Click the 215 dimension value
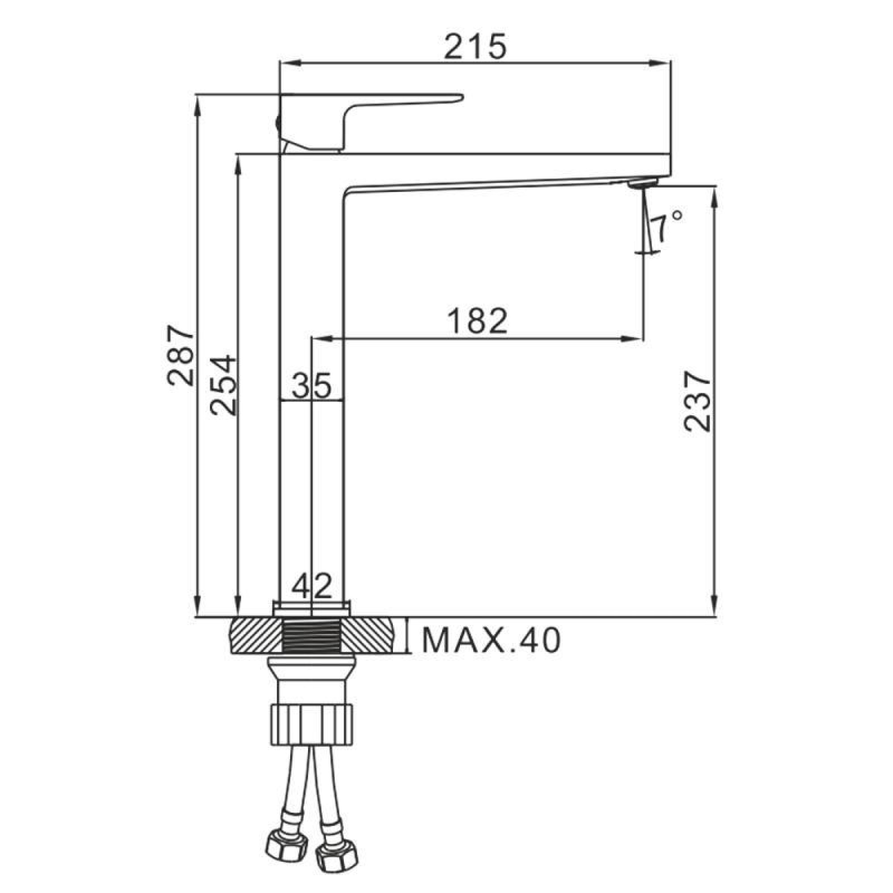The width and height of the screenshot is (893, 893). point(475,47)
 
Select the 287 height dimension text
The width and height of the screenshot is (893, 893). point(180,355)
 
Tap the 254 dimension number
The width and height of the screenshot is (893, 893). point(223,385)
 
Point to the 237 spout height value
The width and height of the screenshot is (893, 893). point(697,402)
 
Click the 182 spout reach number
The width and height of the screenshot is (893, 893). point(477,320)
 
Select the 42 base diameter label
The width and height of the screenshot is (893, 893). point(312,586)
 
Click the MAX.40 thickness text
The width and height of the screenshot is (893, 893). point(491,640)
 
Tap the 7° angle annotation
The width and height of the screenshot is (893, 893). point(666,227)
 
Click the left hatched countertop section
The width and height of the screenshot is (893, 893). point(255,635)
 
